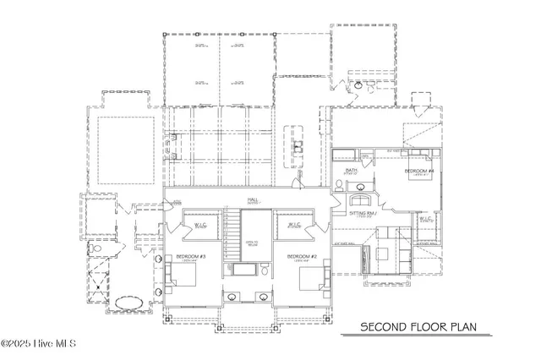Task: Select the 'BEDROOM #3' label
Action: tap(186, 256)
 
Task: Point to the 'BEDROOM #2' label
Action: tap(301, 256)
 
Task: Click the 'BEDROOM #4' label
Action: tap(419, 171)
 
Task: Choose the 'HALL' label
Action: tap(253, 200)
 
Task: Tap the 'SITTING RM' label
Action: tap(366, 215)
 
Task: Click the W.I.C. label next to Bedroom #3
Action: tap(201, 226)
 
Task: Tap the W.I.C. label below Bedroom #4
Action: tap(425, 218)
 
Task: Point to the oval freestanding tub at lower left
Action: tap(127, 303)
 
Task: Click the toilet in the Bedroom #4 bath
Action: tap(338, 188)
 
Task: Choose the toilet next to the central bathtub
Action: tap(265, 271)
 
